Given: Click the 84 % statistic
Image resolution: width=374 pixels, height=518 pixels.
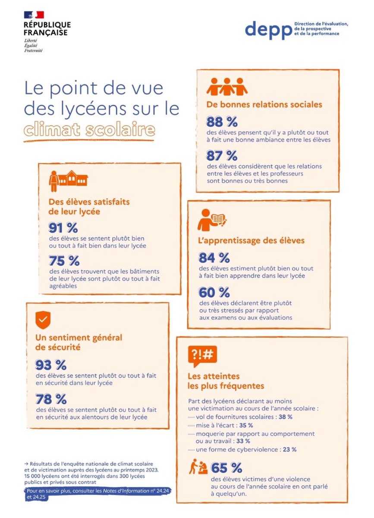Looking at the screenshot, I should [x=214, y=258].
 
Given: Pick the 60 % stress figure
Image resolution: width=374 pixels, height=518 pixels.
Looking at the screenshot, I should [x=214, y=292].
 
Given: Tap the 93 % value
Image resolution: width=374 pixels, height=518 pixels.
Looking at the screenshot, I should [x=51, y=365].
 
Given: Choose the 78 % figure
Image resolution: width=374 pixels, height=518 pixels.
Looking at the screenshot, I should [x=51, y=398].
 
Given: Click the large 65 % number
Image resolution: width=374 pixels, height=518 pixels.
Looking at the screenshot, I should [x=226, y=467].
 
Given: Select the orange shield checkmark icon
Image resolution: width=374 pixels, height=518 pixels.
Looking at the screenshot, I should [x=43, y=320].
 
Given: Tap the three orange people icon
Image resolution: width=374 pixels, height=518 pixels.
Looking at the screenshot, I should [x=227, y=87].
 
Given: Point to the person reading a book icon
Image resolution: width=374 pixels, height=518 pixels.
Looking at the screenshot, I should [x=212, y=220].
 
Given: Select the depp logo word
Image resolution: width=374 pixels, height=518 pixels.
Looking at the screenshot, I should [x=268, y=29].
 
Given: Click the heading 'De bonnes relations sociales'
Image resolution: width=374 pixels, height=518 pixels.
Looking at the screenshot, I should [x=264, y=104].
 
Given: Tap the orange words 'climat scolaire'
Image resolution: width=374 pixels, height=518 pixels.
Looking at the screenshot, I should [x=89, y=129].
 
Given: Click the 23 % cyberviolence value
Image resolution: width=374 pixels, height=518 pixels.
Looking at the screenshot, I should [x=289, y=449].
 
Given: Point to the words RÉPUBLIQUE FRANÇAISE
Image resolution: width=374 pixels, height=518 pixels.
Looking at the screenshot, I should [x=47, y=28].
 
